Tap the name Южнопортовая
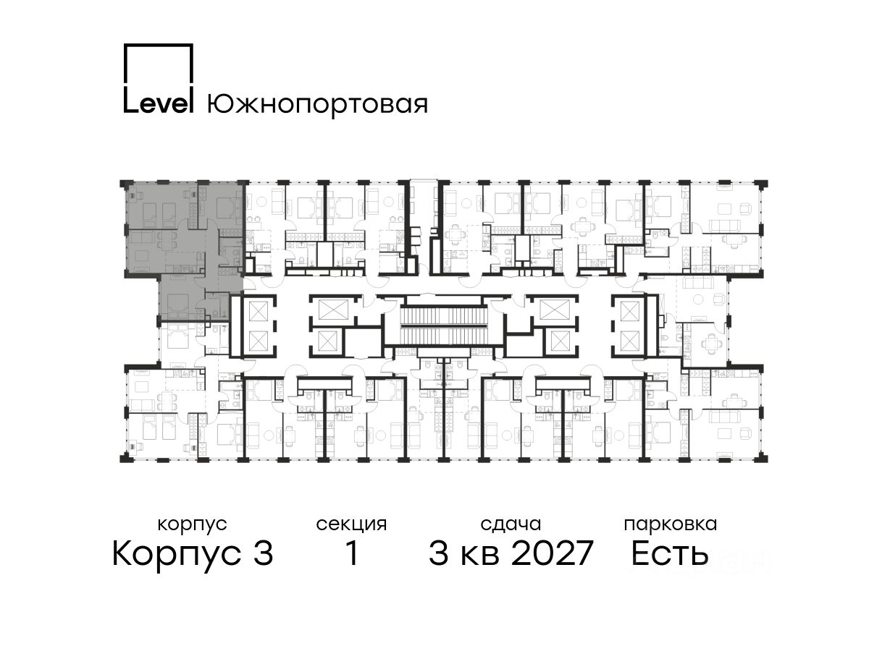(x=317, y=105)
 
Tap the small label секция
(x=351, y=525)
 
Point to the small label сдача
(x=511, y=524)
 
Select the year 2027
(x=553, y=553)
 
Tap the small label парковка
(x=671, y=525)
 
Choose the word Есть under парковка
(x=670, y=553)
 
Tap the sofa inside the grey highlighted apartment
(x=143, y=237)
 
